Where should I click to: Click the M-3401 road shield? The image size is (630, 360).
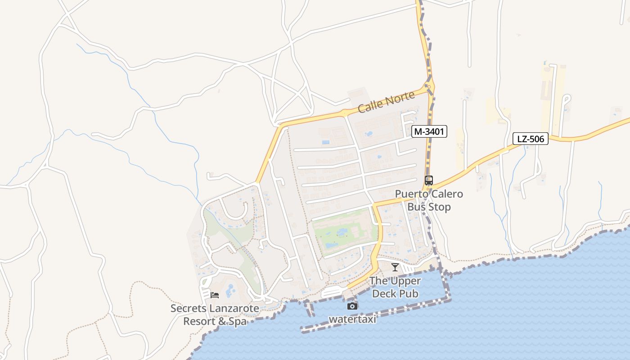coord(429,132)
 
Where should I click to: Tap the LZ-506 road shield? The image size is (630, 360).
coord(531,139)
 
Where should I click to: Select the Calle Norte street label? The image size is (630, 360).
coord(380,102)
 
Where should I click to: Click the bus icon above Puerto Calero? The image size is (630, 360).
coord(428,180)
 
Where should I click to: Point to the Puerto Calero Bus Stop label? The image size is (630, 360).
coord(429,201)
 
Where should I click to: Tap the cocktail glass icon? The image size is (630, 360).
coord(395,267)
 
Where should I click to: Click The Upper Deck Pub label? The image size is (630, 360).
coord(395,287)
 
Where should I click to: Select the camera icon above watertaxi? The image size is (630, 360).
coord(352,306)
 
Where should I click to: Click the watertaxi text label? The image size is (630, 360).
coord(352,319)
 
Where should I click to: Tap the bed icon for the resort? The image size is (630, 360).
coord(215,295)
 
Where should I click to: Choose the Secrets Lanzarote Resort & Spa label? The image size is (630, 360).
coord(215,315)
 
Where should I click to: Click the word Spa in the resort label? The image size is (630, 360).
coord(237,322)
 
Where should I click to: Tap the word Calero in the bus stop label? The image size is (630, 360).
coord(445,194)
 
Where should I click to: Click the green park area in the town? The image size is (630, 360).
coord(344,232)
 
